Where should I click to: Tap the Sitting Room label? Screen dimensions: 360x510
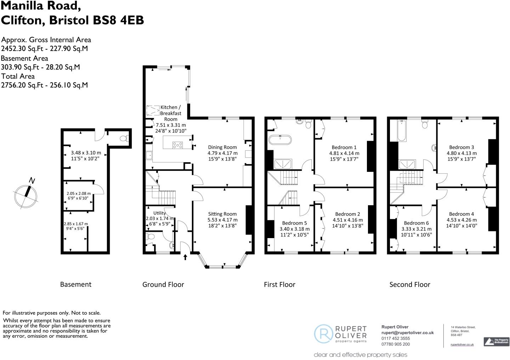(x=222, y=214)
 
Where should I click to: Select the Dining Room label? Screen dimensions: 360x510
(x=222, y=147)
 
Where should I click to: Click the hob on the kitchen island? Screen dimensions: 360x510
(x=177, y=145)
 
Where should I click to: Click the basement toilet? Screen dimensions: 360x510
(x=124, y=139)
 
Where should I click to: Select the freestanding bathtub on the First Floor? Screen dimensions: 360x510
(x=280, y=139)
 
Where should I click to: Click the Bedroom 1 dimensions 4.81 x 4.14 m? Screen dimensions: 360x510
(x=344, y=153)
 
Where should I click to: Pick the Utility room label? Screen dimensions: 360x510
(x=159, y=213)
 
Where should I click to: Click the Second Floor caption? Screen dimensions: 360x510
(x=409, y=285)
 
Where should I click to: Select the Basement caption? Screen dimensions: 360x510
(x=75, y=285)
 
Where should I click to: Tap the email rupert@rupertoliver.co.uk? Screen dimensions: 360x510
(x=407, y=333)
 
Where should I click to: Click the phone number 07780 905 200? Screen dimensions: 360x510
(x=395, y=344)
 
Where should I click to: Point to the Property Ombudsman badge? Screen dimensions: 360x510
(x=496, y=342)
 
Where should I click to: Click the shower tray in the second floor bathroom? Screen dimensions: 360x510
(x=408, y=164)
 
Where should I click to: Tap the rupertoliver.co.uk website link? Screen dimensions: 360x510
(x=462, y=344)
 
